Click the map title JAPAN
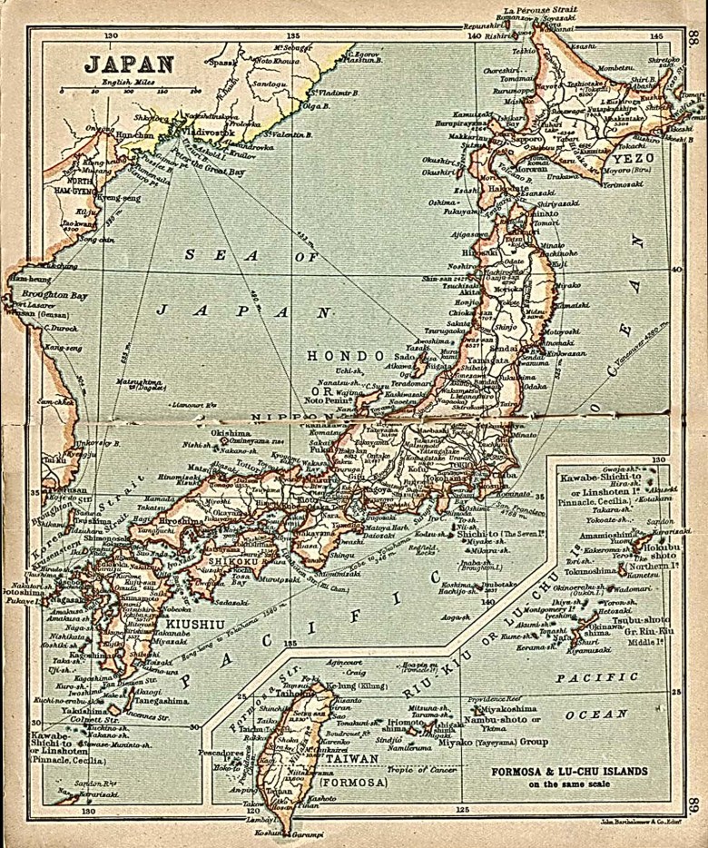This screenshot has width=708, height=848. pos(130,64)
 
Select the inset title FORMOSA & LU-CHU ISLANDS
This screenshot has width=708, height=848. pos(570,772)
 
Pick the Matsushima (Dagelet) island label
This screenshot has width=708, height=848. pos(142,383)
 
